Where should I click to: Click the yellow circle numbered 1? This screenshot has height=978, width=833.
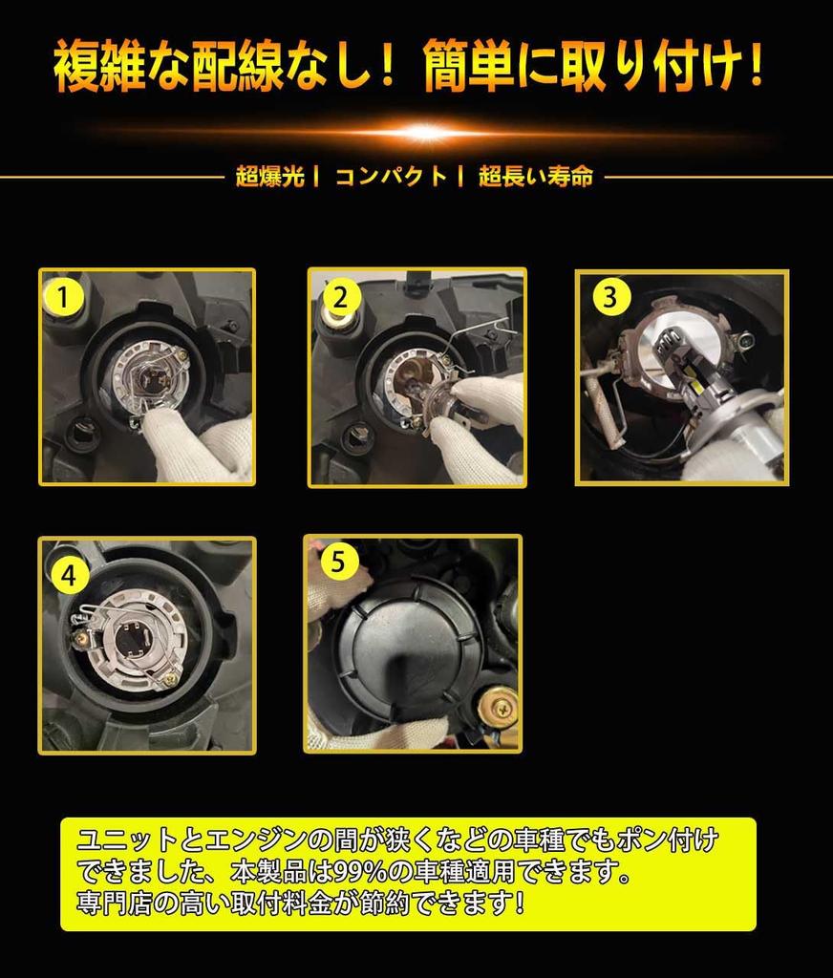63,297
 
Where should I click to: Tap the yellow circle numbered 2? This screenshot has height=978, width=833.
340,297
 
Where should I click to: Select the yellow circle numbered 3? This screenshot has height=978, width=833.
609,297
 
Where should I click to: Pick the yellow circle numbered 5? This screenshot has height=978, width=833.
337,562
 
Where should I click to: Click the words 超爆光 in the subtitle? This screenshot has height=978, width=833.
270,177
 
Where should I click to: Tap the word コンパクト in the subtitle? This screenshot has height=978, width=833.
392,177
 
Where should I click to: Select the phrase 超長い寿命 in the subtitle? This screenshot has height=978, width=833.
536,177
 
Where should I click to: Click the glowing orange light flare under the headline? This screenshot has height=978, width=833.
426,132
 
